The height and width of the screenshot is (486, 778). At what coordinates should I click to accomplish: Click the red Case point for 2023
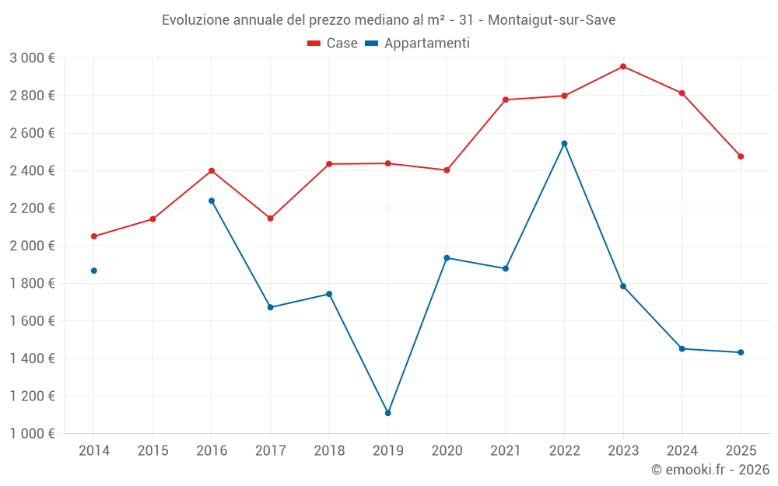point(623,67)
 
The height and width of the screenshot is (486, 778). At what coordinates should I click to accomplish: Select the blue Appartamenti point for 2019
point(388,413)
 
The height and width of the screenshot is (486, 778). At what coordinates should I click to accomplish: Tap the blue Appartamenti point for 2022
point(564,144)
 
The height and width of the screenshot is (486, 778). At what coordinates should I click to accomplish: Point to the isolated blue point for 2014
point(94,271)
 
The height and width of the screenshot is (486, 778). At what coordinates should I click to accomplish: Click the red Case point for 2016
point(212,171)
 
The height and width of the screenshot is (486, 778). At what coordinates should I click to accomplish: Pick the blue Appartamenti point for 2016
point(212,201)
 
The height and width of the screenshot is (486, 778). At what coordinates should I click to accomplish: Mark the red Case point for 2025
point(741,156)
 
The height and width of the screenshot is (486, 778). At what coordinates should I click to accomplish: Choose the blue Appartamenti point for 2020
point(447,258)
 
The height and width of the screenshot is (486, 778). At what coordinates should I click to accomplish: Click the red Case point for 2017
point(271,219)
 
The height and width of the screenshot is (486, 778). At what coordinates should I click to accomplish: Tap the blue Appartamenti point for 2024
point(682,349)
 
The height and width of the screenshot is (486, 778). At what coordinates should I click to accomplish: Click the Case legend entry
point(333,44)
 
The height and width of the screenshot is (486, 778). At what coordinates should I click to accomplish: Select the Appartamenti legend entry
point(418,44)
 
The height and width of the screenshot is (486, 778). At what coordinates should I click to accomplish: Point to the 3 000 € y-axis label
point(32,58)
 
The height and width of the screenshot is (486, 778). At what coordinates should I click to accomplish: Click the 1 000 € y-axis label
point(32,434)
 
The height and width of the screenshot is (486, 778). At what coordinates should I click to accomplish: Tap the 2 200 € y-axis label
point(32,208)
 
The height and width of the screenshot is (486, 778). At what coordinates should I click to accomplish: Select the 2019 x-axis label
point(388,451)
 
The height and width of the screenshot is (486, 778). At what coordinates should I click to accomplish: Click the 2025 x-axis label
point(741,451)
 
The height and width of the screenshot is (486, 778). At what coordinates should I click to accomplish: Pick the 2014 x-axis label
point(94,451)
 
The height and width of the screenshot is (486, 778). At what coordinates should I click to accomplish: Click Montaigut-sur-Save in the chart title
point(552,20)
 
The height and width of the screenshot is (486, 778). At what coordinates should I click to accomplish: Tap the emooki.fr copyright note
point(710,470)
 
